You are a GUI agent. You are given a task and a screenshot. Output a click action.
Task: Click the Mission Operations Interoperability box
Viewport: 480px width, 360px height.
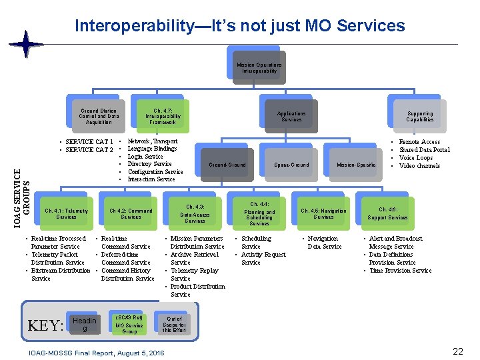(x=259, y=67)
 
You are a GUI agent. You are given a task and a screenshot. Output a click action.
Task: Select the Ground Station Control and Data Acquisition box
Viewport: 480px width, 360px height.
(x=99, y=116)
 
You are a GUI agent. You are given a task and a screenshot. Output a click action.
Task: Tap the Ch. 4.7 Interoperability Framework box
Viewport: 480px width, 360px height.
(x=163, y=116)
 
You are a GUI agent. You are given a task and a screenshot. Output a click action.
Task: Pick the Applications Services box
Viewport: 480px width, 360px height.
(x=291, y=116)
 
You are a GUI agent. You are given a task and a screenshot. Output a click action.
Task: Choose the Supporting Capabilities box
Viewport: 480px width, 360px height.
(x=419, y=116)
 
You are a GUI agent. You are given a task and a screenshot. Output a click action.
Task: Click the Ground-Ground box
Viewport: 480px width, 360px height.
(x=227, y=165)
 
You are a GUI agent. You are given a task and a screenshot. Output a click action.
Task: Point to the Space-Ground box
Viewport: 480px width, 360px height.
(x=291, y=165)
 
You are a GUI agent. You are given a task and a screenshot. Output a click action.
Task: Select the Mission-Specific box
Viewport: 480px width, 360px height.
(x=355, y=165)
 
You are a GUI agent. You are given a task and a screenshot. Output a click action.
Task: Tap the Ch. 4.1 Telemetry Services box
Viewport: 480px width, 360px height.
(x=66, y=213)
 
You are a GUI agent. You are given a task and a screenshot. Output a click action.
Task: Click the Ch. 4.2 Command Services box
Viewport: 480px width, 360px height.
(x=131, y=213)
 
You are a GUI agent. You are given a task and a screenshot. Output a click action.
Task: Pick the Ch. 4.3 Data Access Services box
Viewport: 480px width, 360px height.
(x=195, y=213)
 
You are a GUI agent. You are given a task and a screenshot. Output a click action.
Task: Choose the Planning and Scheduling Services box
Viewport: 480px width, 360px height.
(x=259, y=213)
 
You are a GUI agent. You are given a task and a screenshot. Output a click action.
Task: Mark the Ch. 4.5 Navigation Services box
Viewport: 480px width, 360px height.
(x=323, y=213)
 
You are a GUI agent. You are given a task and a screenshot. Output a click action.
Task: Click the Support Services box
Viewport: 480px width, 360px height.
(x=387, y=213)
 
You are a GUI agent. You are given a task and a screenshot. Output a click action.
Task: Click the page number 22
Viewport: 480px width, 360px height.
(x=457, y=351)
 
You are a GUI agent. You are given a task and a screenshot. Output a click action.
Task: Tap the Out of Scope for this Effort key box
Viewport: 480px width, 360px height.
(x=173, y=324)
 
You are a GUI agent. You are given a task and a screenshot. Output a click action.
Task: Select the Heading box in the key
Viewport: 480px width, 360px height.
(x=84, y=325)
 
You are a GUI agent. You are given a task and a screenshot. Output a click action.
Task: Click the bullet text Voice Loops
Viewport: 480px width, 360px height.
(x=415, y=158)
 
